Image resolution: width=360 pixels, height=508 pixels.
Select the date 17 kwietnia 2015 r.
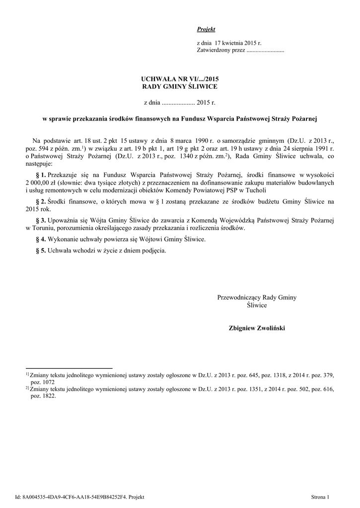(236, 44)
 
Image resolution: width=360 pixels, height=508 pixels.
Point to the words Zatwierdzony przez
(221, 51)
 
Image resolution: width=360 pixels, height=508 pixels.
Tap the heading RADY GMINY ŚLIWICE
(180, 86)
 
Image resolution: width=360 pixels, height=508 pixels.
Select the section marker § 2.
(41, 201)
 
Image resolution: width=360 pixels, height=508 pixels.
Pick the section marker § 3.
(41, 220)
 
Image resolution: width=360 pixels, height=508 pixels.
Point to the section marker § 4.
(41, 239)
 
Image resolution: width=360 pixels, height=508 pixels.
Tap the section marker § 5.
(41, 251)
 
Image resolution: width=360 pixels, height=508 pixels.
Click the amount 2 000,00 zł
(41, 183)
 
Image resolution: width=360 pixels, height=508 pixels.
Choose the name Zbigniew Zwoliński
(257, 328)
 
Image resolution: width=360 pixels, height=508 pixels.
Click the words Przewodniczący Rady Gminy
(257, 298)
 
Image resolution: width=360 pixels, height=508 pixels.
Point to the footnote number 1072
(42, 382)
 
